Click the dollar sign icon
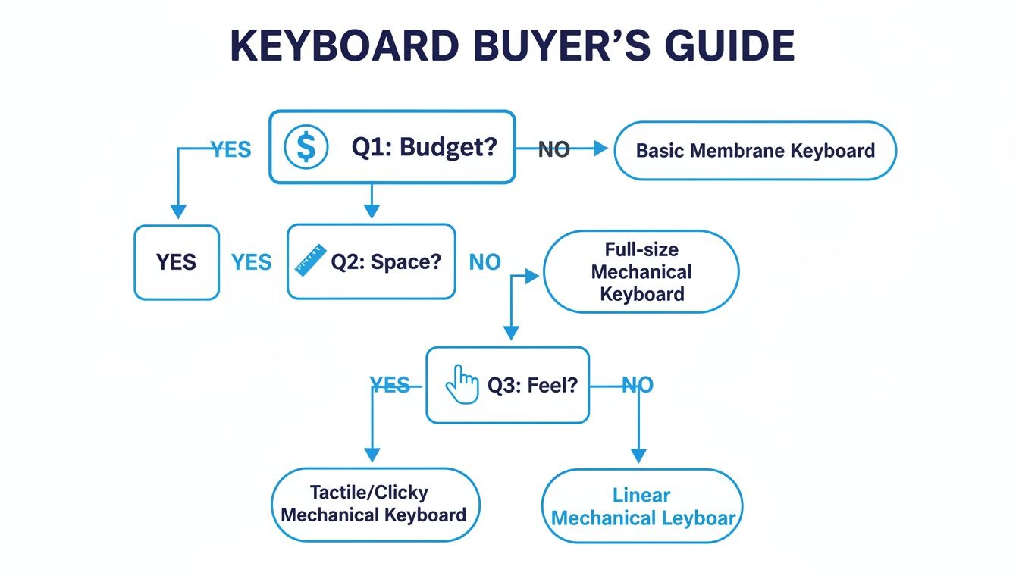click(306, 147)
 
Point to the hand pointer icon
click(462, 384)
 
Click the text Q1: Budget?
click(424, 147)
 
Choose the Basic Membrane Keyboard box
click(754, 150)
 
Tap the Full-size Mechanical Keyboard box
click(641, 271)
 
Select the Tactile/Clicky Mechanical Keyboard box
click(375, 504)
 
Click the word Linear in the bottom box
click(641, 496)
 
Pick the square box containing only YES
click(177, 262)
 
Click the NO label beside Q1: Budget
click(553, 150)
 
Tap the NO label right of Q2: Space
click(485, 262)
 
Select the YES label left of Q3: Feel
click(390, 386)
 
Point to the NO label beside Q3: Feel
click(637, 386)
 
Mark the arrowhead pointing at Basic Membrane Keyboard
click(601, 149)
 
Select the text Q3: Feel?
click(532, 386)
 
